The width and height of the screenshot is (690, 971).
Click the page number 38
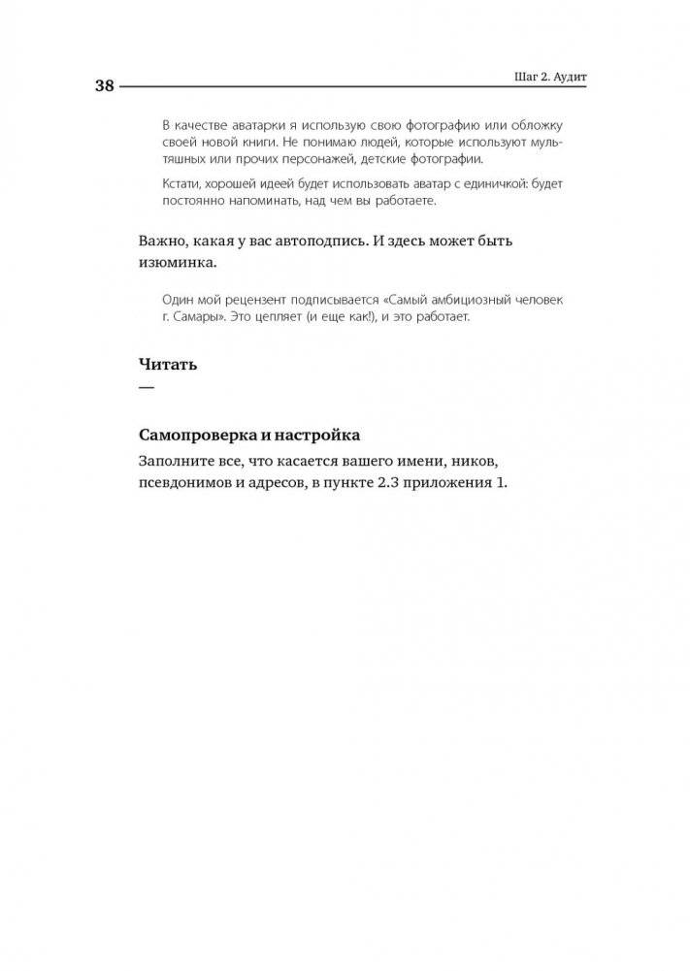(104, 85)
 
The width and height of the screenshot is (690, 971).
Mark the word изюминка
(178, 263)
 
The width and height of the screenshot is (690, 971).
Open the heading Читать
(168, 365)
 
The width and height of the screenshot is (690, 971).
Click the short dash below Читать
(147, 387)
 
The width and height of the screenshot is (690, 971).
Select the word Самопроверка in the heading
(196, 435)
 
